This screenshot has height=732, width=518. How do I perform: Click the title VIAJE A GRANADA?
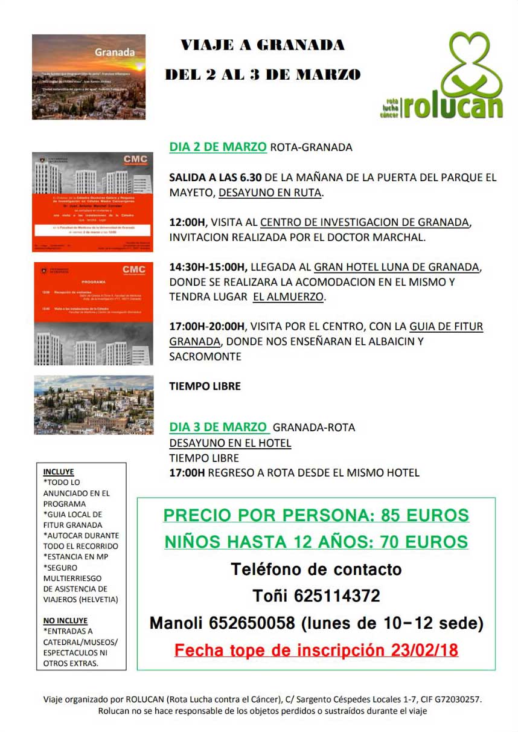click(263, 45)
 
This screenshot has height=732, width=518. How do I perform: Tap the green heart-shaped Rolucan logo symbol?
click(473, 63)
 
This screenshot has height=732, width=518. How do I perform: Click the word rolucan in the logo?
click(453, 106)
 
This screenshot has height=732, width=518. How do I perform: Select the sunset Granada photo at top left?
click(89, 77)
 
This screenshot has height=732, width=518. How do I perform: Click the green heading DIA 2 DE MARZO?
click(218, 147)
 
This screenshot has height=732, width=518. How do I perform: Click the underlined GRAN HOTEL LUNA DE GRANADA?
click(397, 267)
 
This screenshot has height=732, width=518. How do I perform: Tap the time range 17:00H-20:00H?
click(207, 327)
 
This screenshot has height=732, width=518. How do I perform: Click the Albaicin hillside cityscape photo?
click(94, 405)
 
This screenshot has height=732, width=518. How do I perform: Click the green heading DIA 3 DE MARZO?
click(218, 427)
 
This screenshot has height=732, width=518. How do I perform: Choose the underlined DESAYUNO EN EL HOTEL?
click(230, 443)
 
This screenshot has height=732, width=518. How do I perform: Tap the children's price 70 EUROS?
click(424, 542)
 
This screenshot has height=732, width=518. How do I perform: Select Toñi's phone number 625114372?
click(337, 596)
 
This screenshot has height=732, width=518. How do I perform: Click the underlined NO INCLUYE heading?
click(65, 620)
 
